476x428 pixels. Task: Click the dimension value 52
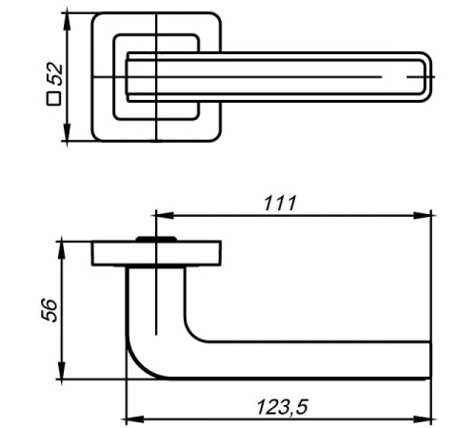57,74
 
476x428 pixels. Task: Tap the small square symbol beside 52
53,98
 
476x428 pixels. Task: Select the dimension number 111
281,204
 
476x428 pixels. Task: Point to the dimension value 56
50,310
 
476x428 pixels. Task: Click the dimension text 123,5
282,407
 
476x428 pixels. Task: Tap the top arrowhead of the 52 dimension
67,21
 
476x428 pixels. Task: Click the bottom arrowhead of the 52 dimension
67,132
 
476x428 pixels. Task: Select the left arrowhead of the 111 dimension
165,216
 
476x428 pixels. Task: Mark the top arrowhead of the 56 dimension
62,251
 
